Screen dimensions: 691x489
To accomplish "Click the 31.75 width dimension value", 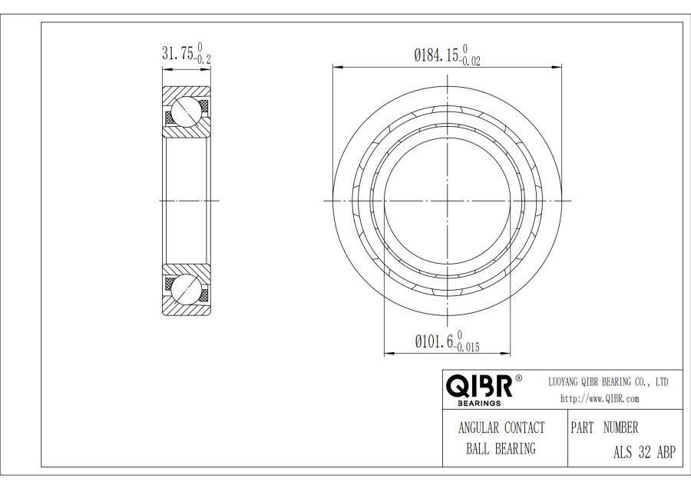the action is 178,53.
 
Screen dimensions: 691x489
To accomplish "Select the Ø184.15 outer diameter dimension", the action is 435,55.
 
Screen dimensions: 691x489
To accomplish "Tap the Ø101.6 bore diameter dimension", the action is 434,341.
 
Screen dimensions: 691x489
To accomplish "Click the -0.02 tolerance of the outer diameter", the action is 469,62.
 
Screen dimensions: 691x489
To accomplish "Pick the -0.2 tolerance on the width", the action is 203,59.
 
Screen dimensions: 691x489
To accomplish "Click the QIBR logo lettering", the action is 479,386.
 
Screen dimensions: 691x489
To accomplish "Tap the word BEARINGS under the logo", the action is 479,403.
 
